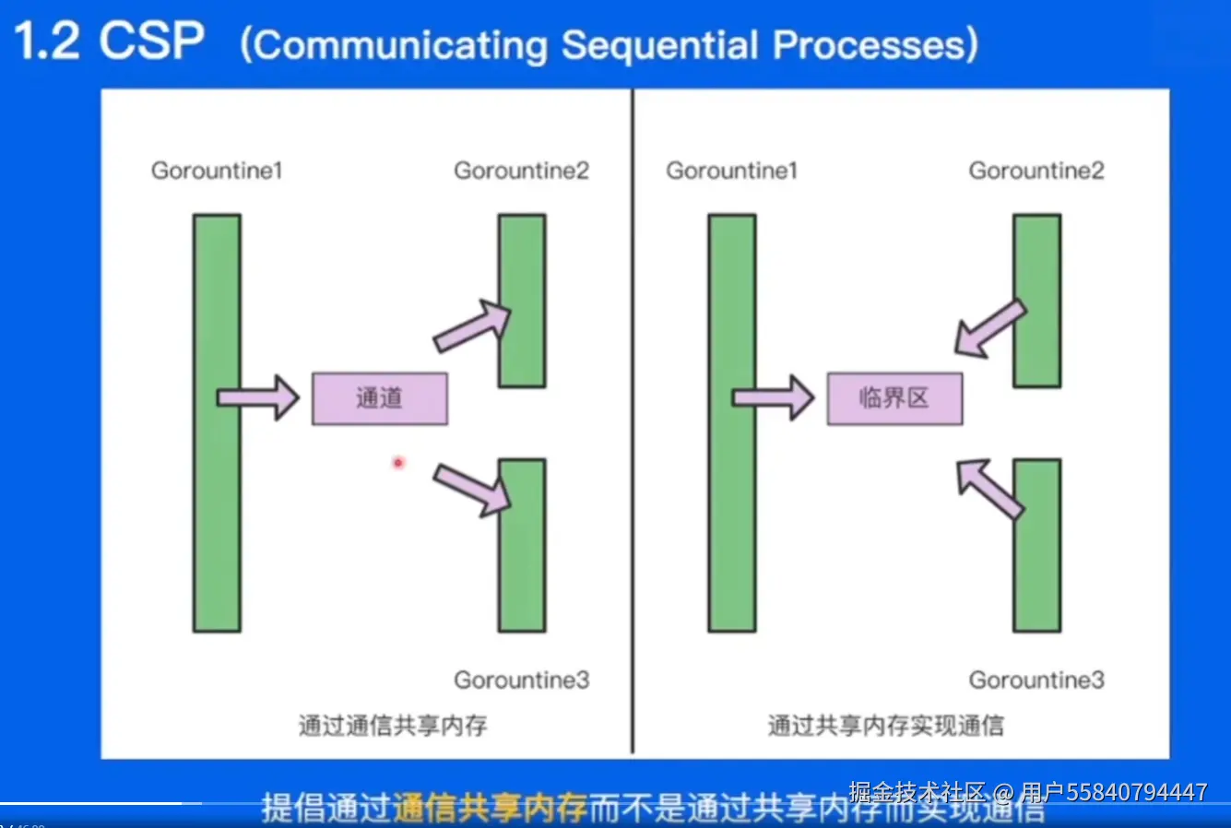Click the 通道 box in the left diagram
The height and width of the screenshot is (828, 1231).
point(379,398)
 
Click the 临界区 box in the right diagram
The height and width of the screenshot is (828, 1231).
point(894,398)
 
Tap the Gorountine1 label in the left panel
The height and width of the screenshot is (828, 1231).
point(217,171)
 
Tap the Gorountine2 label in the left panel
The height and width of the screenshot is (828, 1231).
point(521,171)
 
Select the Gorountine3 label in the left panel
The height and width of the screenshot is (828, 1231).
point(521,680)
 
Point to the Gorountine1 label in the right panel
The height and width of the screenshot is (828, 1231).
point(731,171)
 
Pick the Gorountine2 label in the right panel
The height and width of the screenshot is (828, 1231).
point(1036,171)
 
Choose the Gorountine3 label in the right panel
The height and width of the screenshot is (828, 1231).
point(1036,680)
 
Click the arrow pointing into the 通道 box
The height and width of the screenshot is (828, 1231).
point(259,398)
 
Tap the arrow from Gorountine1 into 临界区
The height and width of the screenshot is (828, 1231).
point(774,398)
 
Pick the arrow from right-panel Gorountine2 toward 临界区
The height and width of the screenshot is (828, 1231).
point(989,328)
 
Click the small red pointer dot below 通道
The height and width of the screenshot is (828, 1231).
point(398,463)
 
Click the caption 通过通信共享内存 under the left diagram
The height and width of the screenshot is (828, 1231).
point(393,726)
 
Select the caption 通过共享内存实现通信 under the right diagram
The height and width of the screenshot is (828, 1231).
point(885,726)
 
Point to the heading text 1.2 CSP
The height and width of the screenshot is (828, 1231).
point(109,41)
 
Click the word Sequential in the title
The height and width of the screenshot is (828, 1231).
point(661,45)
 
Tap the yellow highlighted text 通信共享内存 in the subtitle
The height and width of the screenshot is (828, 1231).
point(490,809)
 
